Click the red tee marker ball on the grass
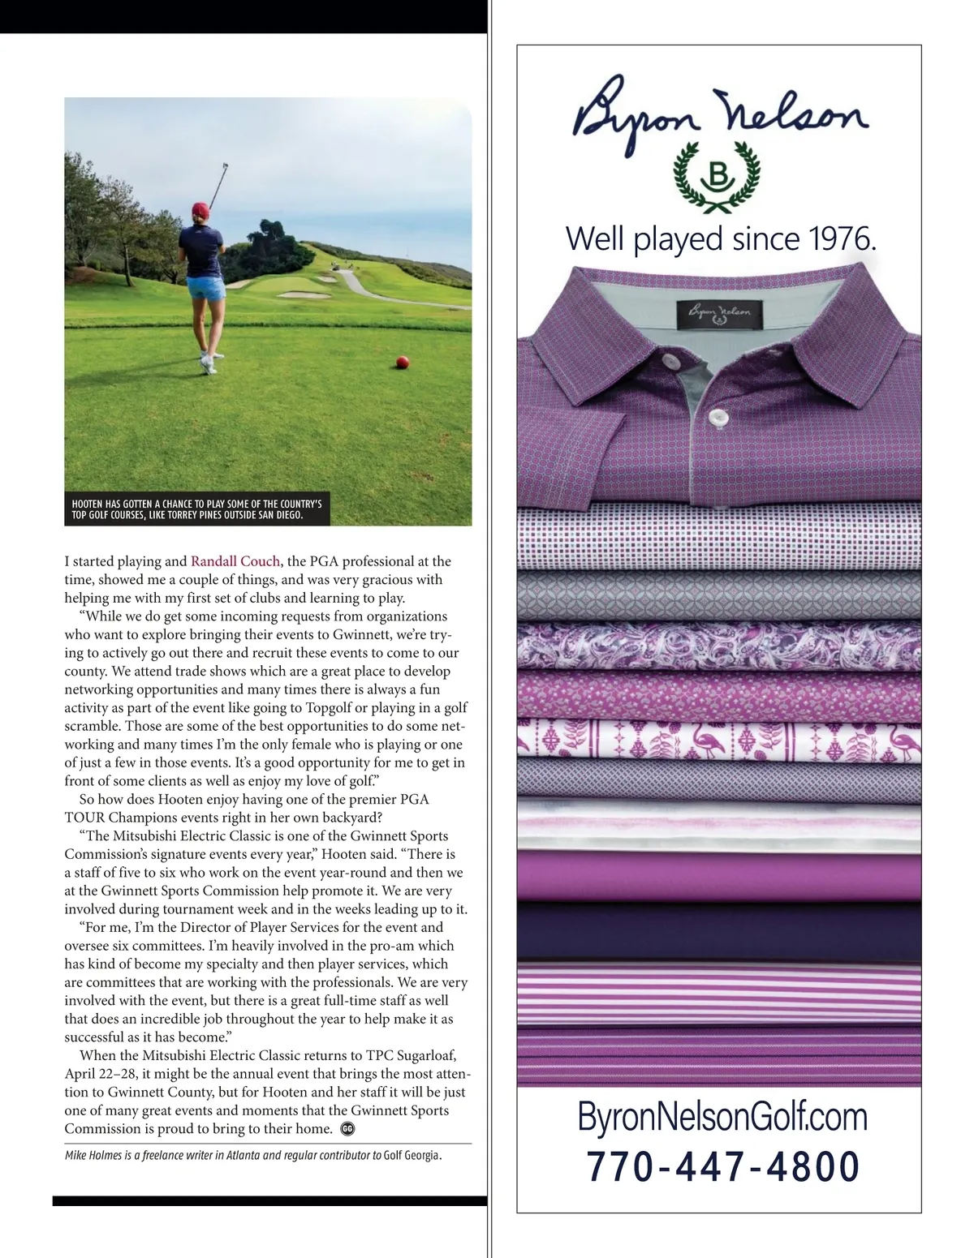(x=401, y=361)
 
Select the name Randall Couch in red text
(x=235, y=561)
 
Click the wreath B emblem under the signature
(x=718, y=175)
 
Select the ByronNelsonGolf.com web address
(x=722, y=1117)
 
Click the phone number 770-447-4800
(x=722, y=1167)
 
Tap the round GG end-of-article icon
(x=348, y=1128)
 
